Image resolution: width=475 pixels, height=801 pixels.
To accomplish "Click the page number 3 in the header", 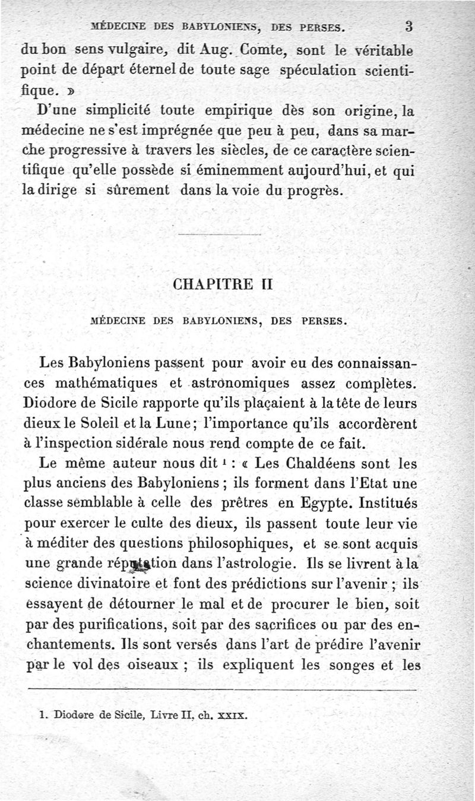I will (x=409, y=26).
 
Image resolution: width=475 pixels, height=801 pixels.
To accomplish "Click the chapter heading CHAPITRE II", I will (x=222, y=284).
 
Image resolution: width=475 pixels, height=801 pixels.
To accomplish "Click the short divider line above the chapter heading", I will (x=219, y=236).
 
